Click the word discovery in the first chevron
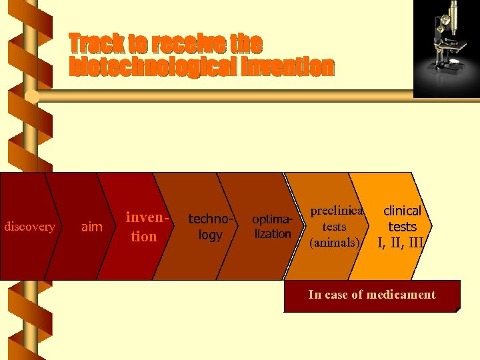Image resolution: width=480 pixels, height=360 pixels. (30, 227)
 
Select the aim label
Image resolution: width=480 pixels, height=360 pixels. (91, 227)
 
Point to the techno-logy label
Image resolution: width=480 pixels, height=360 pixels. (210, 227)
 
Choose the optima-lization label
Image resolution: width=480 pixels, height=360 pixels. (272, 227)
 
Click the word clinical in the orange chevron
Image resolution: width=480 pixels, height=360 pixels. (402, 211)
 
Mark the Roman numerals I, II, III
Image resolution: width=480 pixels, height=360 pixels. (401, 243)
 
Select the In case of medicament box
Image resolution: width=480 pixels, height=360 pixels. (372, 296)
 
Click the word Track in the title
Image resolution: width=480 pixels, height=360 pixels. (97, 44)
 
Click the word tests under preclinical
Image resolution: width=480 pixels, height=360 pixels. (334, 227)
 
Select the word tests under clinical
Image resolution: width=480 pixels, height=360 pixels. (402, 227)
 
